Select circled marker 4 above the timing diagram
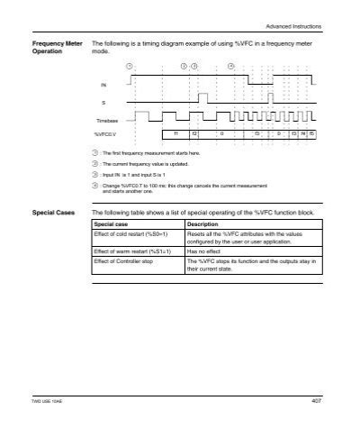tap(231, 66)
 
